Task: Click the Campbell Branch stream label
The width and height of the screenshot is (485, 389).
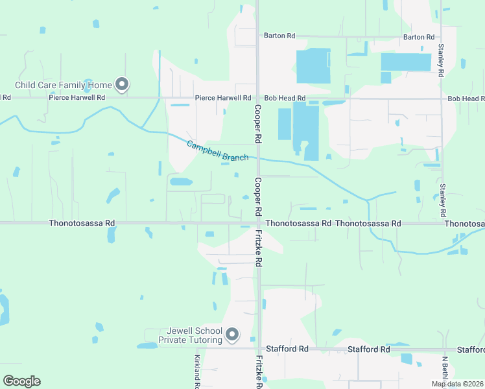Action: [x=217, y=151]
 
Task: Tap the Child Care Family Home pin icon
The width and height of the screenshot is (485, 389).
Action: [x=121, y=84]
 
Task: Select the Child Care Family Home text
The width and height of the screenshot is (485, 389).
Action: [x=64, y=85]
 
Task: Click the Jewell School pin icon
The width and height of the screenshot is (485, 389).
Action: [x=232, y=335]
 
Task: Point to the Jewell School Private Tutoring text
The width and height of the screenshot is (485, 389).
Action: [x=191, y=335]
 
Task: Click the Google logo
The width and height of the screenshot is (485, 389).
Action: [x=22, y=381]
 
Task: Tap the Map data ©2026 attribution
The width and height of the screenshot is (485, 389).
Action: [x=457, y=384]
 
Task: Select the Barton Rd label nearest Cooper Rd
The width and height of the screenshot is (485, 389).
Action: [x=279, y=36]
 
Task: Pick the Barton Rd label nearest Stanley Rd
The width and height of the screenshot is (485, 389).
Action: [x=418, y=37]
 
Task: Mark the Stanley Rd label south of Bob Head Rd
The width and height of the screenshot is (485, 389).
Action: [x=444, y=200]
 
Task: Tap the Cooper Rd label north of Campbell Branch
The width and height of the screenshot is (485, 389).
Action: [x=257, y=124]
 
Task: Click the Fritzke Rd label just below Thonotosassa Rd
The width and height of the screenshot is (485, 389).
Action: [x=258, y=248]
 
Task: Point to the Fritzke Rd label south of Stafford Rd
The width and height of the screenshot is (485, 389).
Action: [x=258, y=372]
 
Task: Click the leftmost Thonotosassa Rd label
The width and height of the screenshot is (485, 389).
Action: [x=82, y=223]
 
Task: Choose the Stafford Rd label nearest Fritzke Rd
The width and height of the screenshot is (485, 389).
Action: [x=286, y=349]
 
